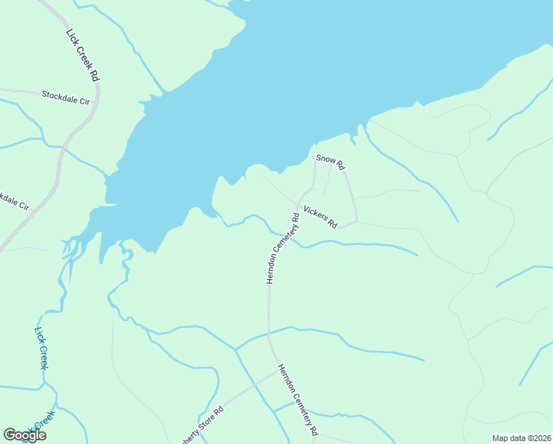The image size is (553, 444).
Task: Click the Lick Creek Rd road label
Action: (x=83, y=55)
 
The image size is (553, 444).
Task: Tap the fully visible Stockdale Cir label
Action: (x=66, y=95)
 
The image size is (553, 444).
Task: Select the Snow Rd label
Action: (x=330, y=162)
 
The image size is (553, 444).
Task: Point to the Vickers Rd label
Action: (x=320, y=216)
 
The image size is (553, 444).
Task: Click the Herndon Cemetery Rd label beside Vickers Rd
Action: (x=282, y=249)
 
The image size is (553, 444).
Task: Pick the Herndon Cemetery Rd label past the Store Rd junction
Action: (x=298, y=400)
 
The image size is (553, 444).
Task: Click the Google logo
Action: (x=24, y=435)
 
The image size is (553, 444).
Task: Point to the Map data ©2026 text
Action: (x=520, y=438)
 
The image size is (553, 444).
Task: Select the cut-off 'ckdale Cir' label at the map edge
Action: (x=14, y=201)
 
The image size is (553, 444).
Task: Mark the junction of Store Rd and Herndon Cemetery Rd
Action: (x=279, y=370)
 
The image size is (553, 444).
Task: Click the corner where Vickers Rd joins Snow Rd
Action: (x=356, y=221)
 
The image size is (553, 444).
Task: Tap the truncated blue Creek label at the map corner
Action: (x=43, y=421)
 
